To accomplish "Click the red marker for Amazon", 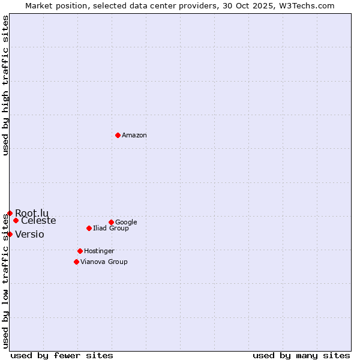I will point(118,135).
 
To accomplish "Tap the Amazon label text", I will point(134,136).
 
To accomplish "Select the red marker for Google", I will point(111,222).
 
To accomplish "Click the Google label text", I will point(126,223).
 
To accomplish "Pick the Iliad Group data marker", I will point(89,228).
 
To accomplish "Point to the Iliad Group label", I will point(111,229).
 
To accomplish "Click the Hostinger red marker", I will point(80,251).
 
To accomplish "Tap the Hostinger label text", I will point(99,251).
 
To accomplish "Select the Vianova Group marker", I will point(76,262).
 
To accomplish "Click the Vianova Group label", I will point(104,262).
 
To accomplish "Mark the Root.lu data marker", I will point(10,213).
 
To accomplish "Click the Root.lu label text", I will point(32,213).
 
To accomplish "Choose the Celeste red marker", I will point(16,220).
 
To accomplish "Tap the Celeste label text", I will point(38,221).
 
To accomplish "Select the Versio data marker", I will point(10,234).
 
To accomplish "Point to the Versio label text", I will point(29,235).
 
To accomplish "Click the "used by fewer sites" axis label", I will point(62,355).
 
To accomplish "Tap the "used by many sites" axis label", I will point(301,355).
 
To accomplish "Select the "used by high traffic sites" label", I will point(5,86).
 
